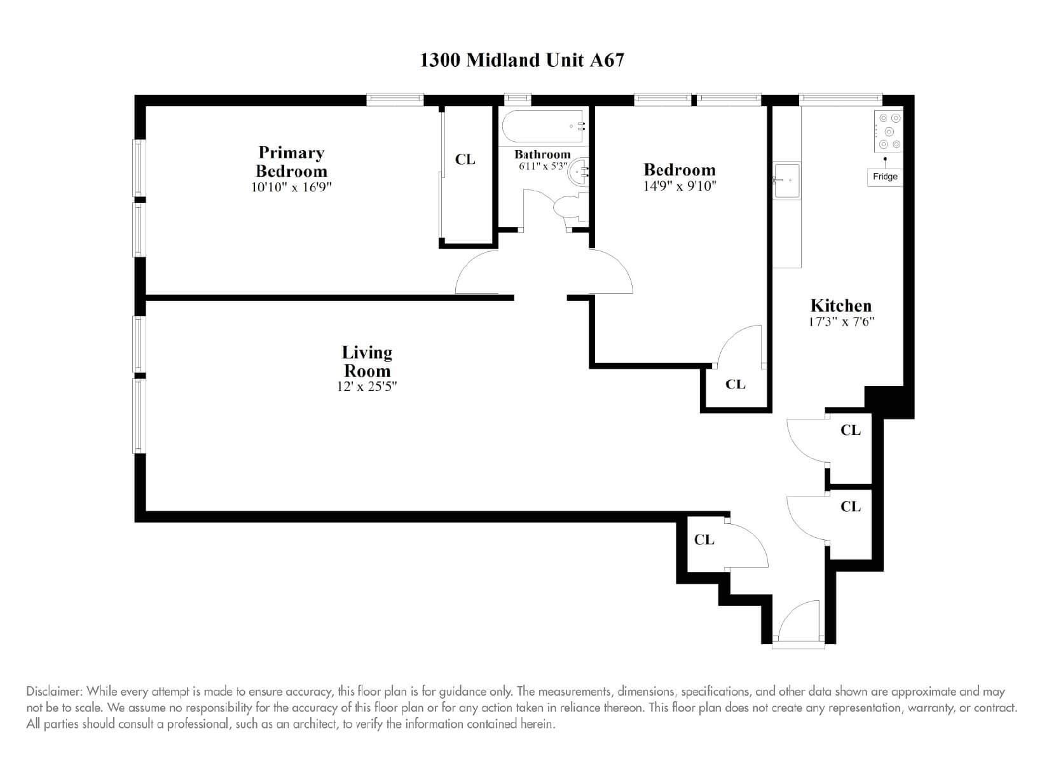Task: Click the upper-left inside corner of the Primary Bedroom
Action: [146, 107]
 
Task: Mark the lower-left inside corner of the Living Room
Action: [146, 511]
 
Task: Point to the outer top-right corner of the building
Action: [914, 95]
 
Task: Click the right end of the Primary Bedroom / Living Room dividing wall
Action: [514, 298]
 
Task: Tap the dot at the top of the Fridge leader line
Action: [884, 159]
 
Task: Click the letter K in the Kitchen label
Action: [816, 305]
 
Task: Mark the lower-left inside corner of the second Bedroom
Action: [595, 362]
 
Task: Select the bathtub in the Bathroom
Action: [543, 126]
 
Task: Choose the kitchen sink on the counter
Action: [787, 181]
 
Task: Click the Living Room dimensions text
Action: [367, 387]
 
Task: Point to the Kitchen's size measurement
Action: [842, 322]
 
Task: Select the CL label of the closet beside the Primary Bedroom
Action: [465, 160]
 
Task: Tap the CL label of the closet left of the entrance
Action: [704, 540]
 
